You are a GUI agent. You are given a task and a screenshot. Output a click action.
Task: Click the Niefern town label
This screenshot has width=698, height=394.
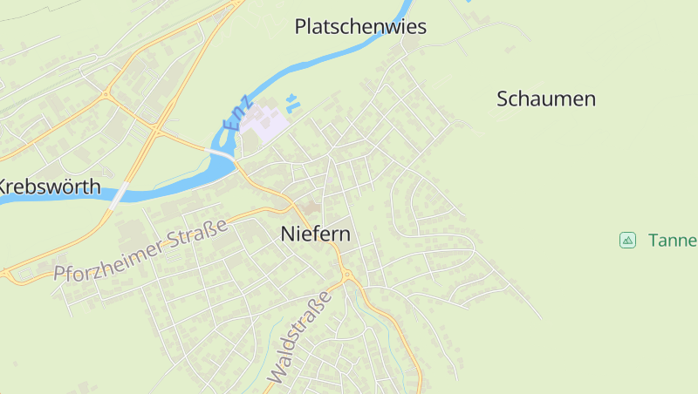[316, 234]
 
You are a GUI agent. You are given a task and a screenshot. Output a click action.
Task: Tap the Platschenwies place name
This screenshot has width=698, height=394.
[360, 27]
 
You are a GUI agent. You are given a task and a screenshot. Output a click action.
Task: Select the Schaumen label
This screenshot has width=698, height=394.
[546, 98]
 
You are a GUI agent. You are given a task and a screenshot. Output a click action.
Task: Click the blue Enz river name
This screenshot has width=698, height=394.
[237, 113]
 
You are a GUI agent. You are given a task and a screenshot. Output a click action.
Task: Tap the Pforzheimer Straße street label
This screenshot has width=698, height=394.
[140, 251]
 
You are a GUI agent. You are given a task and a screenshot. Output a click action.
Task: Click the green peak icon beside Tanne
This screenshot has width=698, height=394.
[627, 240]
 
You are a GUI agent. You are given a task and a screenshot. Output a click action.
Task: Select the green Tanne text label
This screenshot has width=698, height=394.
[672, 240]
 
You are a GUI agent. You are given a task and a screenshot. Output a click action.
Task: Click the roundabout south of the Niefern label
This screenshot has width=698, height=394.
[347, 275]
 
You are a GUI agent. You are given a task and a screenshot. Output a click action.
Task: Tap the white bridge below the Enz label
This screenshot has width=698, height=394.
[220, 153]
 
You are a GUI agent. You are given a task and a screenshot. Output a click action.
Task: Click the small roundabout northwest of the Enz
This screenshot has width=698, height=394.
[106, 93]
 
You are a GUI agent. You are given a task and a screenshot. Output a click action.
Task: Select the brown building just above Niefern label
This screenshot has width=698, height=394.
[311, 208]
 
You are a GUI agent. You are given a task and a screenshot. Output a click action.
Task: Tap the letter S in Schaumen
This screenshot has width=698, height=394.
[503, 98]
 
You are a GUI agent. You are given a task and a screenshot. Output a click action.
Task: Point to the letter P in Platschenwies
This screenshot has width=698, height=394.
[302, 27]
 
